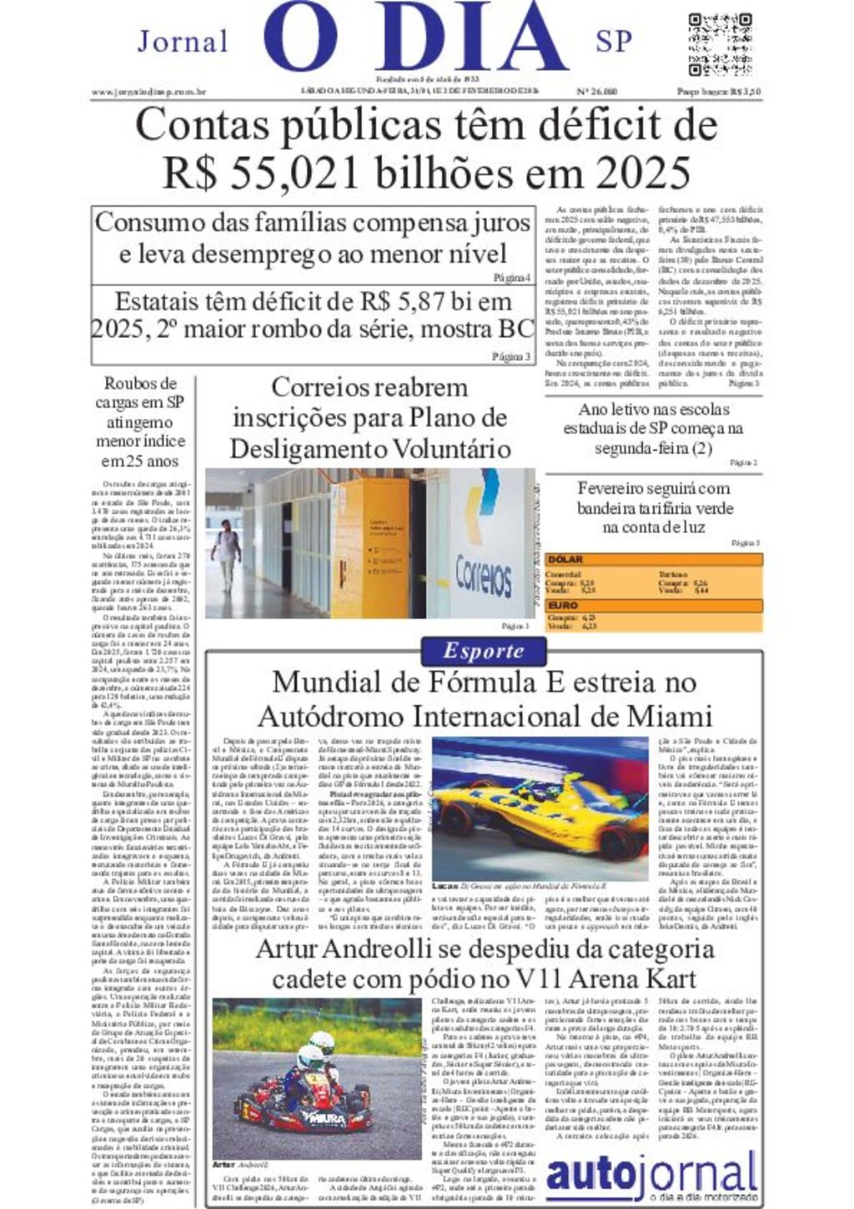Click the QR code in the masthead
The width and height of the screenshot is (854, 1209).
click(x=720, y=44)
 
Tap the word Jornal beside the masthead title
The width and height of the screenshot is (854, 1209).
click(x=183, y=41)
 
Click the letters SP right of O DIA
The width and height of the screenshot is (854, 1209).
click(x=614, y=41)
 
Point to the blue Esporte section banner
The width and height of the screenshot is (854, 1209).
click(x=484, y=651)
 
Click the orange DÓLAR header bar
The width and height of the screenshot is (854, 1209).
click(x=653, y=559)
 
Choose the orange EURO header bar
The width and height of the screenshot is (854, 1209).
click(x=653, y=605)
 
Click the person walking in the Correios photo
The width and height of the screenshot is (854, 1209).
click(x=225, y=554)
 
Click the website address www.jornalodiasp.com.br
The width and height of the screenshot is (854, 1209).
click(x=148, y=92)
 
